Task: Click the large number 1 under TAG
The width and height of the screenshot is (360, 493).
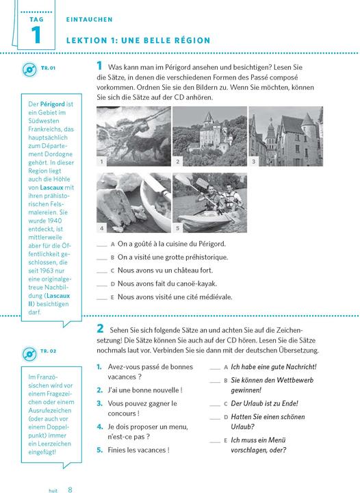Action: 36,35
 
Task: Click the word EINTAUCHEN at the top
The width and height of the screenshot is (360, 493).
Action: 89,19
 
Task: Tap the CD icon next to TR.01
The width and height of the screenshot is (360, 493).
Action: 29,69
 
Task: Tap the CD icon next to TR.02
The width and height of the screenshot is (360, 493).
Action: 29,354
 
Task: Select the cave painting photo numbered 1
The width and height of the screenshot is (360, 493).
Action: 134,136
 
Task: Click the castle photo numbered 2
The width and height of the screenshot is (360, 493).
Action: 210,136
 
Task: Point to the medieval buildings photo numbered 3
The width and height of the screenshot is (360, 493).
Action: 286,136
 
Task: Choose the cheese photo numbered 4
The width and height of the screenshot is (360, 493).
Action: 134,203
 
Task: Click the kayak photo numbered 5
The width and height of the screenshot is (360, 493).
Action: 210,203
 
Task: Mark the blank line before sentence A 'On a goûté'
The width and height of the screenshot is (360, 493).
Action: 102,246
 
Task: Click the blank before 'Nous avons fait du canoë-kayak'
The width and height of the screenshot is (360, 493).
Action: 102,286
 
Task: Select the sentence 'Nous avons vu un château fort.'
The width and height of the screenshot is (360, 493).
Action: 165,270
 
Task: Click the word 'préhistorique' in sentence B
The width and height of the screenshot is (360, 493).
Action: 207,257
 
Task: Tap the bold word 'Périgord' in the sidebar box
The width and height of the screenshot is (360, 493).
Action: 53,104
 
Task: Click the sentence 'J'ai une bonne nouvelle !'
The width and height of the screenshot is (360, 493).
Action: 145,390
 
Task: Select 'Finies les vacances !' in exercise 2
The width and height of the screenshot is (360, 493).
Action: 138,450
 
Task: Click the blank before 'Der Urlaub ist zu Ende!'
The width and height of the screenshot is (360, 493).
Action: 215,405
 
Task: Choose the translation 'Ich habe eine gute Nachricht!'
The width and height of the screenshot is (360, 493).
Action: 274,367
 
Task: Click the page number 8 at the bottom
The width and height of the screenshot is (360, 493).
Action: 70,489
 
